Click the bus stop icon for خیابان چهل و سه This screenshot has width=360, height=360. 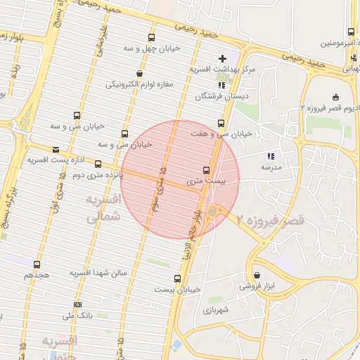[x=151, y=37]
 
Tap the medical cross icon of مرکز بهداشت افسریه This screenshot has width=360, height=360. [x=223, y=58]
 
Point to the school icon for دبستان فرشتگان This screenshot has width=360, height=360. [x=221, y=84]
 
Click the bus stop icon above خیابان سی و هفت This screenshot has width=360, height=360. [x=221, y=123]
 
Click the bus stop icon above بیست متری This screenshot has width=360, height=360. [x=206, y=169]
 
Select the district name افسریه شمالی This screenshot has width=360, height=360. [x=103, y=209]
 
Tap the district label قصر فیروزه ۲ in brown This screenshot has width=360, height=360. [x=271, y=220]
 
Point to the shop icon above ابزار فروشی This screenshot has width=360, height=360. [x=256, y=275]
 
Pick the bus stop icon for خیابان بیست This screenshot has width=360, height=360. [x=177, y=278]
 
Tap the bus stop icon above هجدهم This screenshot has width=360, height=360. [x=37, y=264]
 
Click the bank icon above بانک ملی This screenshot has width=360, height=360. [x=77, y=304]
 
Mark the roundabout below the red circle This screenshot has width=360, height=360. [x=213, y=210]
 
